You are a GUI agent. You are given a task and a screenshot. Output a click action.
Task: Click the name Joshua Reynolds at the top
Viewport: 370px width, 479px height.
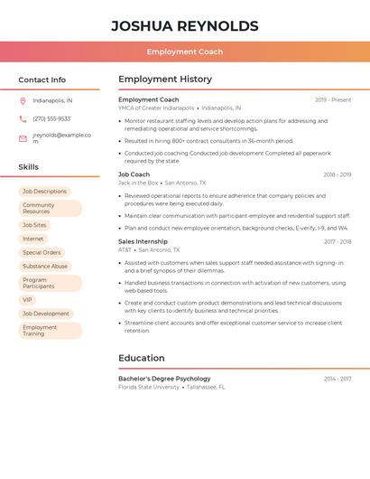(184, 26)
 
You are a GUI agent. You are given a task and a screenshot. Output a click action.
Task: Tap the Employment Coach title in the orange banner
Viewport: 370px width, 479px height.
(184, 52)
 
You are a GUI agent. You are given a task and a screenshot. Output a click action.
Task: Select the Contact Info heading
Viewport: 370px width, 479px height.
(42, 80)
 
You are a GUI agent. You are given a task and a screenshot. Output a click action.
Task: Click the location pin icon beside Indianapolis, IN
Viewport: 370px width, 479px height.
(23, 100)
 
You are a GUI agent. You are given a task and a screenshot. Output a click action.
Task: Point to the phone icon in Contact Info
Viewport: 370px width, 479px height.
(23, 118)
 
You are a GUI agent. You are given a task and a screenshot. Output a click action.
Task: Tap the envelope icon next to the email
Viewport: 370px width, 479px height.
(23, 138)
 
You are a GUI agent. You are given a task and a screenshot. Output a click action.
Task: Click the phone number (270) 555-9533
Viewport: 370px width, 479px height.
(51, 118)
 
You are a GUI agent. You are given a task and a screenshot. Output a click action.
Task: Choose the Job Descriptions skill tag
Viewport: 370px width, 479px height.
(44, 192)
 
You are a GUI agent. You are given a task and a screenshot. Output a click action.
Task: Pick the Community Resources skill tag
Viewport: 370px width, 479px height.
(50, 209)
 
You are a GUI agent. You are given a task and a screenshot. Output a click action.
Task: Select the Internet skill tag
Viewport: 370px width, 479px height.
(33, 239)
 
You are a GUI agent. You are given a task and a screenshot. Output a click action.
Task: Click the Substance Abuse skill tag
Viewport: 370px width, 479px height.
(45, 267)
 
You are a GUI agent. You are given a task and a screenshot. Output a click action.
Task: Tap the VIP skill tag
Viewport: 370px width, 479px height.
(27, 300)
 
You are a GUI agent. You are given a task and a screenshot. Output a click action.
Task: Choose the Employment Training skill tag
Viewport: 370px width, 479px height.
(50, 331)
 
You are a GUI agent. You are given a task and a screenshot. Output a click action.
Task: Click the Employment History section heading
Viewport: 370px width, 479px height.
(165, 80)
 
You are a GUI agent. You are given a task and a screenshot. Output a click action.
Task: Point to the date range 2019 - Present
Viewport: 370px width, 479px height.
(333, 100)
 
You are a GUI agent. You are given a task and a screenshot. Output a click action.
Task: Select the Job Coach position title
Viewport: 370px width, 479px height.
(134, 174)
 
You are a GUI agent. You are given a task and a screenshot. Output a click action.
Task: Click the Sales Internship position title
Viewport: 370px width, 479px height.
(143, 241)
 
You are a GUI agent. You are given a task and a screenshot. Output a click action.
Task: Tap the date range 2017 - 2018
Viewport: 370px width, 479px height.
(338, 242)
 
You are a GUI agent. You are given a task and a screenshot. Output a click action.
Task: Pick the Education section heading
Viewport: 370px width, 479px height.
(142, 358)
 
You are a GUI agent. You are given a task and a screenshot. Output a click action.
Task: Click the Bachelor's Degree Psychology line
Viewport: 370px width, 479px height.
(164, 379)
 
